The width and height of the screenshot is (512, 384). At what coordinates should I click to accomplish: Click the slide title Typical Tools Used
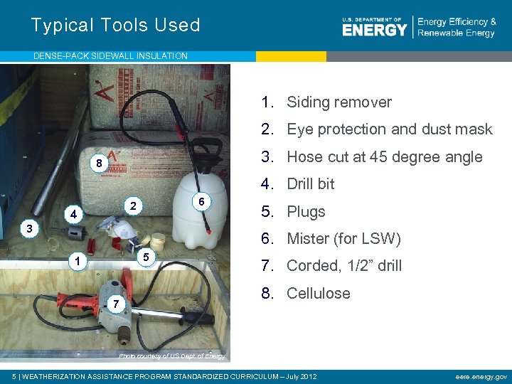coord(115,26)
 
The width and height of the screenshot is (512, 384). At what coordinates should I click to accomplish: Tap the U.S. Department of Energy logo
coord(375,27)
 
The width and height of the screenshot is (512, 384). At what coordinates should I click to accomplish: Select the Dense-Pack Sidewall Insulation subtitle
coord(111,55)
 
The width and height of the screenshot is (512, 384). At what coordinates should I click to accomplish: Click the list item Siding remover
coord(338,102)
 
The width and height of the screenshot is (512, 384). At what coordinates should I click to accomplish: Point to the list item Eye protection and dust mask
coord(389,129)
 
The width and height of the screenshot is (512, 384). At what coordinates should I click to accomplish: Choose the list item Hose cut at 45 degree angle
coord(384,157)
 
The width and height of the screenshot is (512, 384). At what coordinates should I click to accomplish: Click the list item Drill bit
coord(310,184)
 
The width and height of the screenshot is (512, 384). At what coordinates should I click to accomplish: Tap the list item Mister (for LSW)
coord(343,239)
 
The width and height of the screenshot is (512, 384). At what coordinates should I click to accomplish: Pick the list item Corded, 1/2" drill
coord(344,266)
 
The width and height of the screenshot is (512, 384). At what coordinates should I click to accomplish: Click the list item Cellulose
coord(318,293)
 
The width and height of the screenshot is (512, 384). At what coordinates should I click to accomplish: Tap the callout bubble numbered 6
coord(202,201)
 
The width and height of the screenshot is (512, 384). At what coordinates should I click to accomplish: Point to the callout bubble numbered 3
coord(28,229)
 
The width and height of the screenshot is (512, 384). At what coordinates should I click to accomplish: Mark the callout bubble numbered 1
coord(75,262)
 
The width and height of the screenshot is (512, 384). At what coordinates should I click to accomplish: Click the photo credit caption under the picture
coord(172,356)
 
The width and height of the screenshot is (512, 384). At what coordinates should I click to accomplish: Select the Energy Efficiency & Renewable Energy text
coord(457,27)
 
